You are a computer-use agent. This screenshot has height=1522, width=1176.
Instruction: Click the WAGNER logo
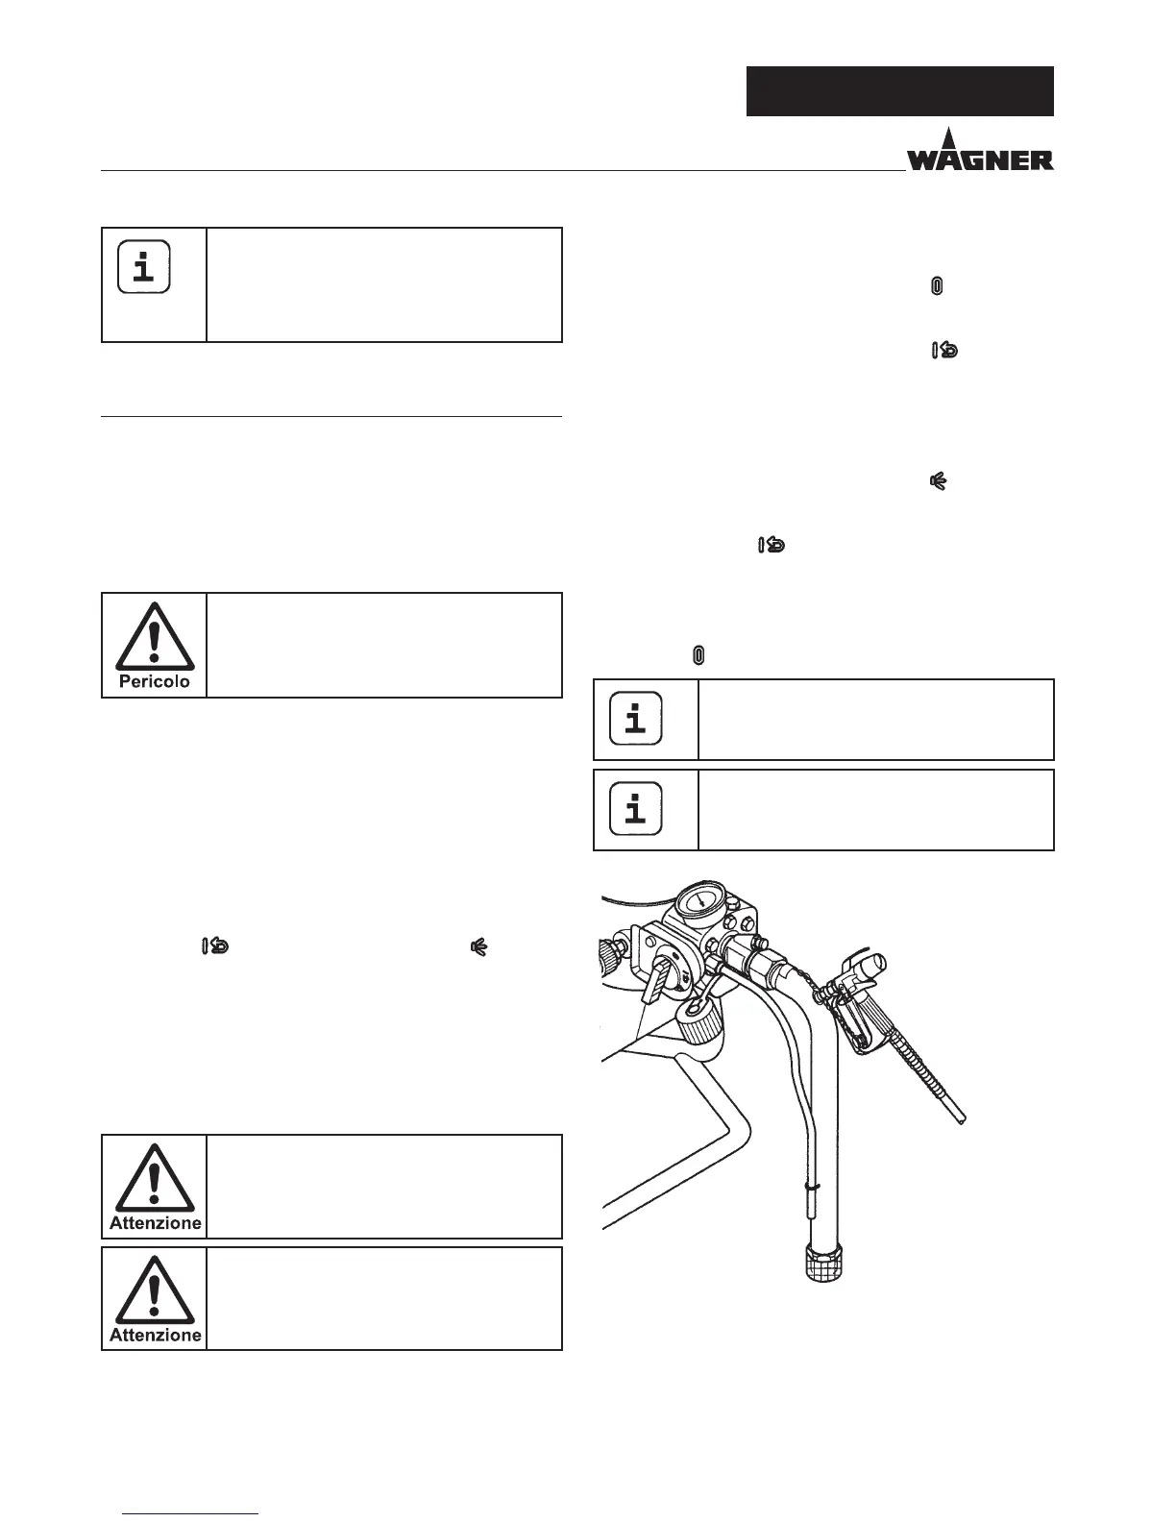coord(980,154)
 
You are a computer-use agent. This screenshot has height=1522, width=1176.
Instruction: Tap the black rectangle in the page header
coord(899,91)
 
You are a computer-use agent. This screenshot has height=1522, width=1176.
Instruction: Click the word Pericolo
coord(155,682)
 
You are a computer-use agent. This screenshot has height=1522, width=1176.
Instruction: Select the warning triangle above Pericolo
coord(155,638)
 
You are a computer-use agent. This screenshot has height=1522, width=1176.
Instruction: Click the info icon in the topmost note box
coord(144,266)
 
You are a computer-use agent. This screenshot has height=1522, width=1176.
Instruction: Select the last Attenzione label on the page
coord(155,1335)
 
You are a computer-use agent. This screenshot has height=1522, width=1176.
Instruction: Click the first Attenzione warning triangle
coord(155,1180)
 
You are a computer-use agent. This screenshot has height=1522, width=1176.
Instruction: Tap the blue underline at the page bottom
coord(192,1514)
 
